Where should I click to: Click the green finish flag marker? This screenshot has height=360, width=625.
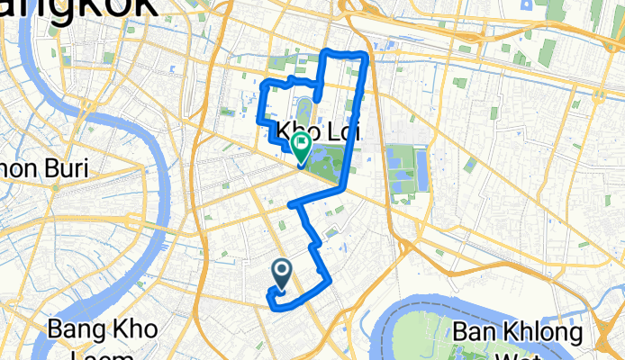point(299,145)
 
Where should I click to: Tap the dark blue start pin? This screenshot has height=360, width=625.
point(281,270)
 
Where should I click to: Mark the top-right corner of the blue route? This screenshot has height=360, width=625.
point(366,58)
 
